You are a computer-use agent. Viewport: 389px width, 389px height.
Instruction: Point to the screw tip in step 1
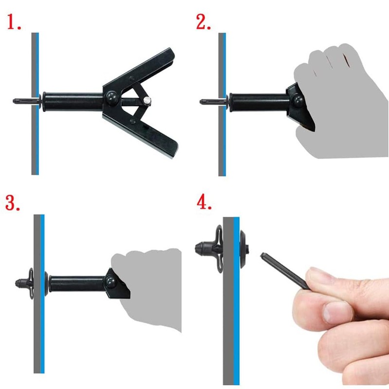click(17, 101)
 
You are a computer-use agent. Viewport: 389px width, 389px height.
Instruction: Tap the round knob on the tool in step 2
click(298, 100)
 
